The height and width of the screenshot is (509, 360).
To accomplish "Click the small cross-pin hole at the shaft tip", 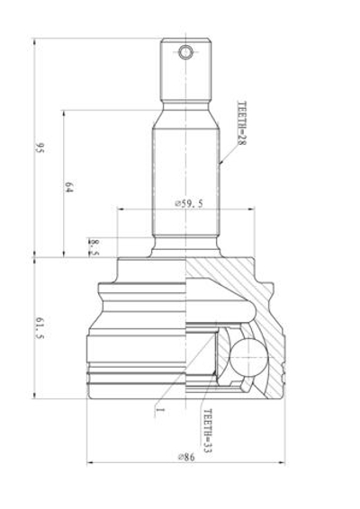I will (185, 52).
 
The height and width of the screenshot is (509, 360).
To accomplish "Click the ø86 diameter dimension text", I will (188, 457).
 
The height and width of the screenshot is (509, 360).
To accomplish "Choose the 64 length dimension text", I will (68, 186).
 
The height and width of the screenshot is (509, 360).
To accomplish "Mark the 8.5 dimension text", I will (94, 247).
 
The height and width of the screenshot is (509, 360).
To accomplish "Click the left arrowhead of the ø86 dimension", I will (90, 464).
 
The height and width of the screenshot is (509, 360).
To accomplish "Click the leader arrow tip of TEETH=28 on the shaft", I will (220, 165).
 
